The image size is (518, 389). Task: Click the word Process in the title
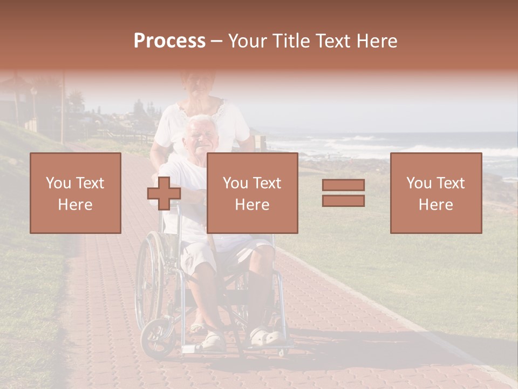[x=169, y=41]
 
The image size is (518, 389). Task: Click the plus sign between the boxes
[x=164, y=193]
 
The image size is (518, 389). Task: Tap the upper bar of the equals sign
[x=343, y=185]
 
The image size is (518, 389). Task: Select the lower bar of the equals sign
[x=343, y=201]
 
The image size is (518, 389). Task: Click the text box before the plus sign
[x=75, y=193]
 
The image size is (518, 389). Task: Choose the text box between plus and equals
[x=252, y=193]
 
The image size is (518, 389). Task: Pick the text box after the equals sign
[x=435, y=193]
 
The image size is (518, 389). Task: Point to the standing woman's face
[x=198, y=83]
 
